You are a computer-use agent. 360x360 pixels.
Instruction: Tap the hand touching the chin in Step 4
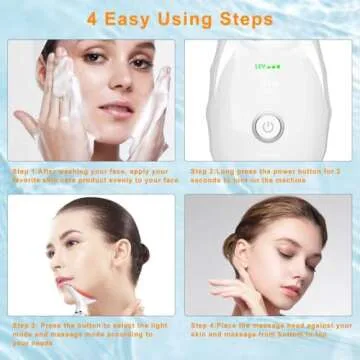pos(240,295)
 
